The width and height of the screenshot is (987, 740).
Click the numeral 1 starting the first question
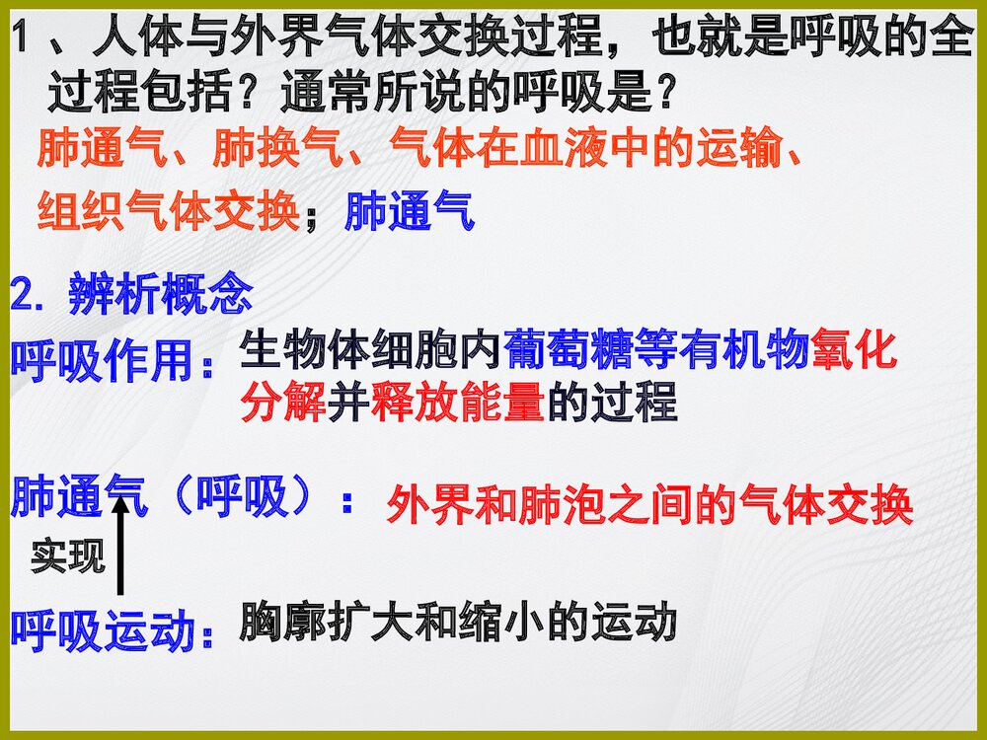21,41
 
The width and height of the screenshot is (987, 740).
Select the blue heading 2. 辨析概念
131,294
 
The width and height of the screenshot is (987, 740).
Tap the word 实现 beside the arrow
67,556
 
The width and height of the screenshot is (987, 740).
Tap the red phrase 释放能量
457,405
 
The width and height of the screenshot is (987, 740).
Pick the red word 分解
283,405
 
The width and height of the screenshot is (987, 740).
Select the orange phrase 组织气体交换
168,210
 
